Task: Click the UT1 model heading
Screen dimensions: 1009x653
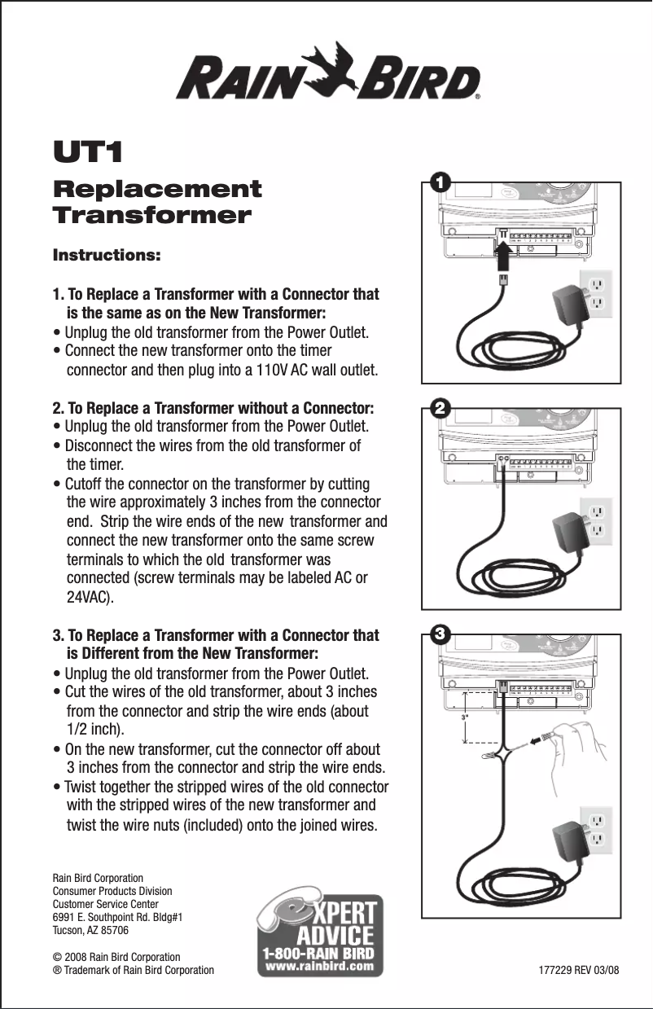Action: coord(87,153)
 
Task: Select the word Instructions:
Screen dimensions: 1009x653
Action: coord(107,255)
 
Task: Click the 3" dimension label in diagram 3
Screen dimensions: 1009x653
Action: coord(465,717)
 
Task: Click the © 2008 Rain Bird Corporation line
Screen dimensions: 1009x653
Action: coord(116,957)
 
